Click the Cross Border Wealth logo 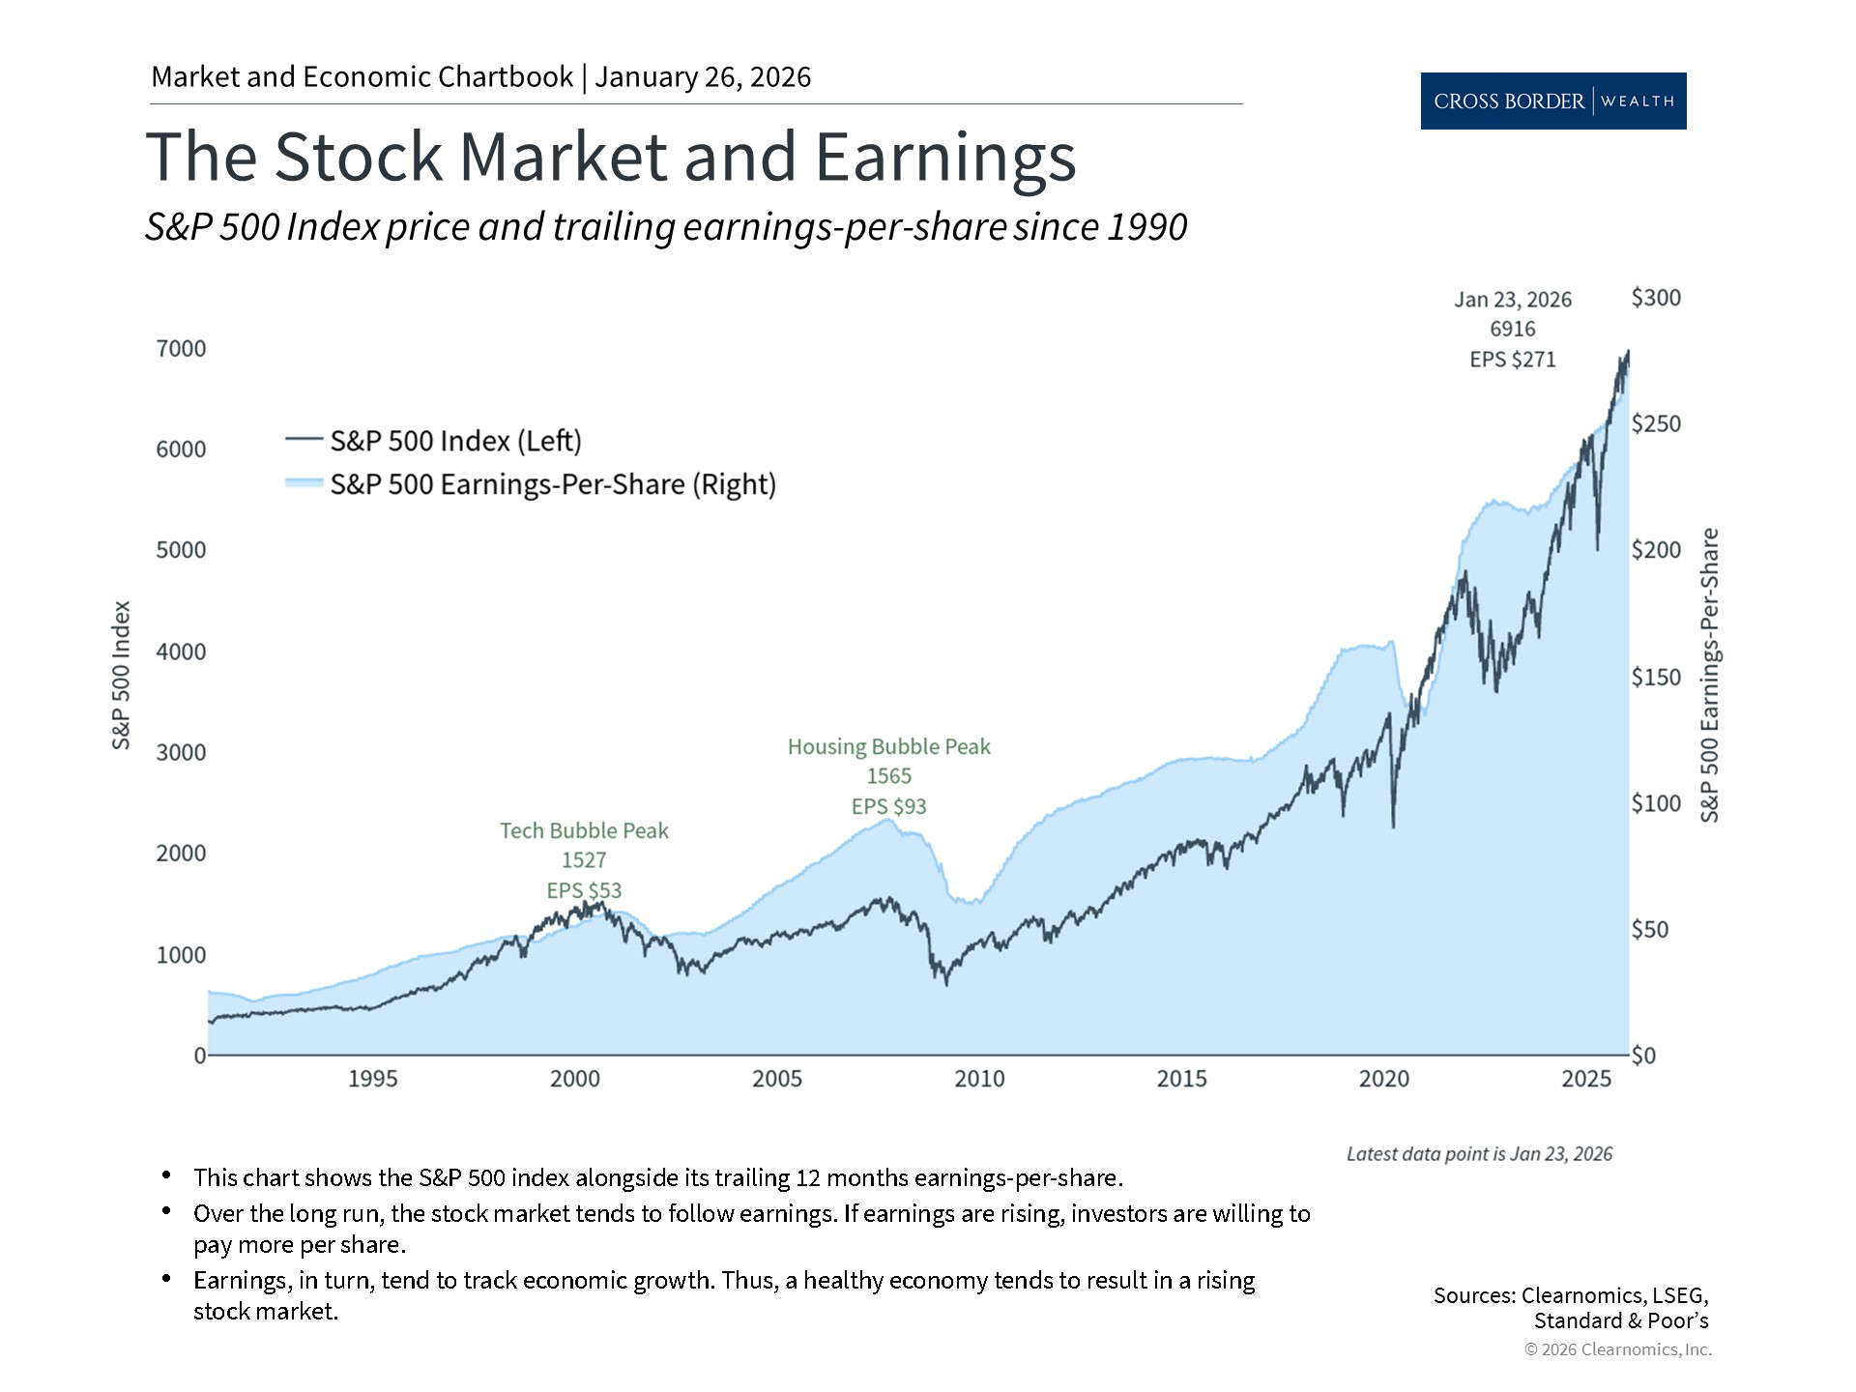(x=1552, y=101)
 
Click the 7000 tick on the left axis (x=181, y=348)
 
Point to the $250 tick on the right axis (x=1656, y=423)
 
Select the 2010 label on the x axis (x=979, y=1079)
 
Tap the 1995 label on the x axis (x=372, y=1079)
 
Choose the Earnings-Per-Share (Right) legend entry (x=553, y=484)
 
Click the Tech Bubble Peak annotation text (x=584, y=830)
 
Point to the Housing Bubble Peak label (x=888, y=746)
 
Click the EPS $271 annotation (x=1513, y=360)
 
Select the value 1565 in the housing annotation (x=888, y=776)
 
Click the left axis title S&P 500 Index (x=121, y=675)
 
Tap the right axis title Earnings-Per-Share (x=1709, y=675)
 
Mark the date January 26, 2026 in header (x=703, y=77)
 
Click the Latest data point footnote (x=1479, y=1153)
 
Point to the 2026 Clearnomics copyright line (x=1617, y=1349)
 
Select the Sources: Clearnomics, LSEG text (x=1571, y=1295)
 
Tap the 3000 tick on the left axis (x=181, y=752)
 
